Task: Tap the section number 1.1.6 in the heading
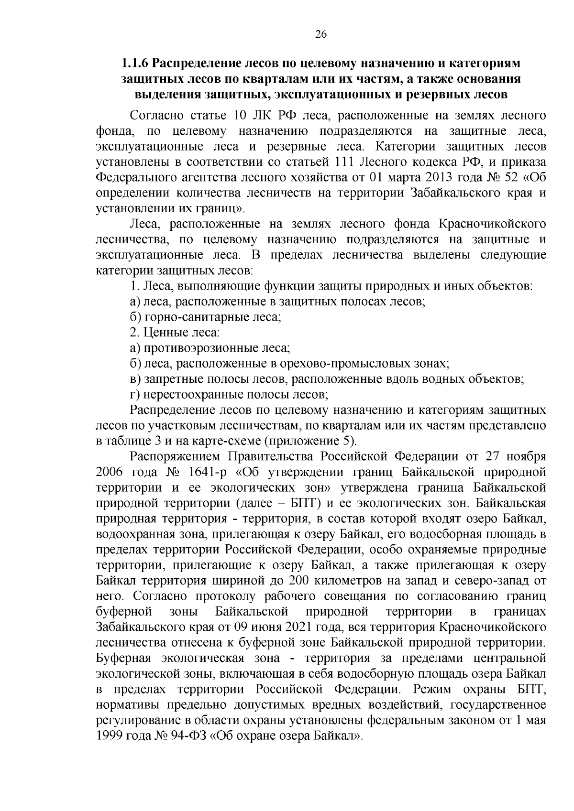coord(135,63)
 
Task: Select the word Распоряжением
coord(175,456)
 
